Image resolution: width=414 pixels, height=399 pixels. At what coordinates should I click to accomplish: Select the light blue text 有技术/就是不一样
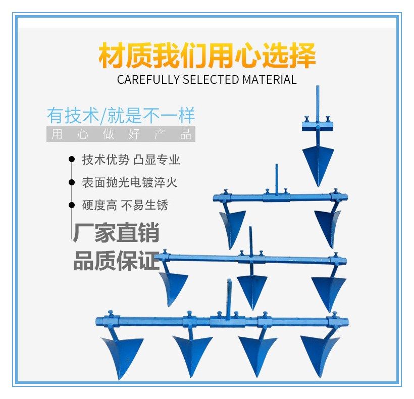point(121,116)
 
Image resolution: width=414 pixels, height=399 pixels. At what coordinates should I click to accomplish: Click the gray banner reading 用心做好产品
point(121,135)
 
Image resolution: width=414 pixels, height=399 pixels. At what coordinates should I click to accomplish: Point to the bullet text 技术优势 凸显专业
point(131,160)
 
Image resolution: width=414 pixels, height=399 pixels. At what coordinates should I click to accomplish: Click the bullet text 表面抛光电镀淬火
point(130,182)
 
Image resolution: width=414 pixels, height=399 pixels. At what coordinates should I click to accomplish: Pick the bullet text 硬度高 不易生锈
point(125,205)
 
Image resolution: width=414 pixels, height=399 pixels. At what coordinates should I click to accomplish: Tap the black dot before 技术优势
point(71,160)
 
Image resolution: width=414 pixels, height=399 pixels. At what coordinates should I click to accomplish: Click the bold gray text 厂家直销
point(116,234)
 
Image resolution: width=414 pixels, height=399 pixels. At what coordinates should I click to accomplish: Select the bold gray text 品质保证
point(116,262)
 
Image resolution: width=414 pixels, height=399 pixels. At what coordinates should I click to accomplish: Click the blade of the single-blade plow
point(318,162)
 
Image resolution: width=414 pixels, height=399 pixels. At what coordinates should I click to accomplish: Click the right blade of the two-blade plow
point(328,225)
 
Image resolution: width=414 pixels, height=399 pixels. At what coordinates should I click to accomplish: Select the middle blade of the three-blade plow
point(252,288)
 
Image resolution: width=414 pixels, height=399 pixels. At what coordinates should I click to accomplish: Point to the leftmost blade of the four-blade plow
point(121,354)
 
